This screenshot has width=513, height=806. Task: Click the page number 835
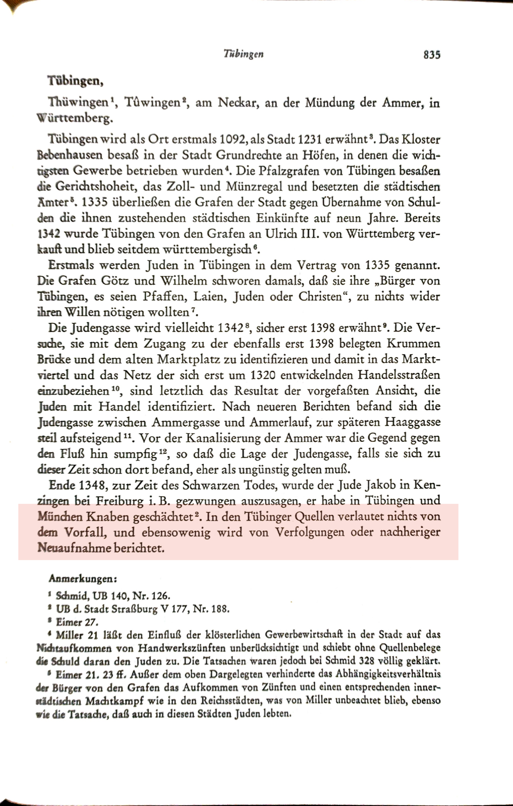click(432, 54)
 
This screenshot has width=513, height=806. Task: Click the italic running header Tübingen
click(244, 54)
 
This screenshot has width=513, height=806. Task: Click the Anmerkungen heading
click(83, 580)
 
